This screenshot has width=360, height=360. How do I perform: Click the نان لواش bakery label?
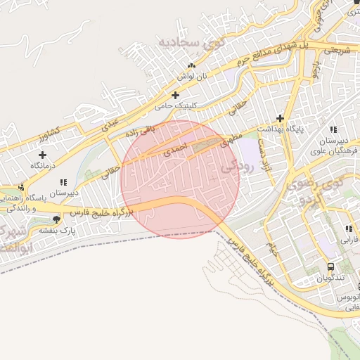(186, 75)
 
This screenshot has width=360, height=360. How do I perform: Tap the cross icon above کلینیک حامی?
(175, 95)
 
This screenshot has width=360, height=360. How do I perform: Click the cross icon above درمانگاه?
(43, 155)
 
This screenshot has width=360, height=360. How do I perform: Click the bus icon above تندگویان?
(330, 267)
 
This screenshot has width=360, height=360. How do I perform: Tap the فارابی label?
(349, 239)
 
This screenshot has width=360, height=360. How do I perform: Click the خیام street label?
(271, 247)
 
